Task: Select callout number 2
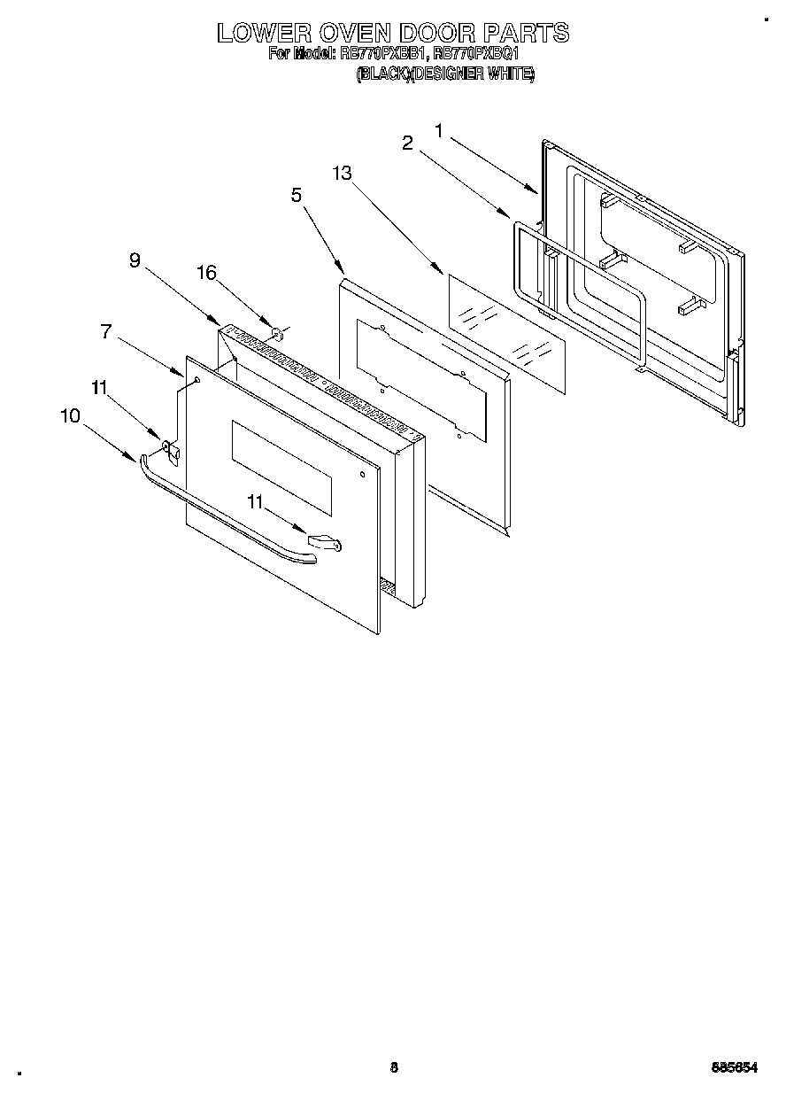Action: pos(408,143)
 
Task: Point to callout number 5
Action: pos(297,195)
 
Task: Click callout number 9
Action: pos(135,260)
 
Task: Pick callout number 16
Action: pos(206,273)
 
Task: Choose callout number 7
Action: pos(106,331)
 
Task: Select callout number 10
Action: pos(70,415)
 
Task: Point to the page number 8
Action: pos(394,1066)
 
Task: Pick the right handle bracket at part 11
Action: pos(324,540)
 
